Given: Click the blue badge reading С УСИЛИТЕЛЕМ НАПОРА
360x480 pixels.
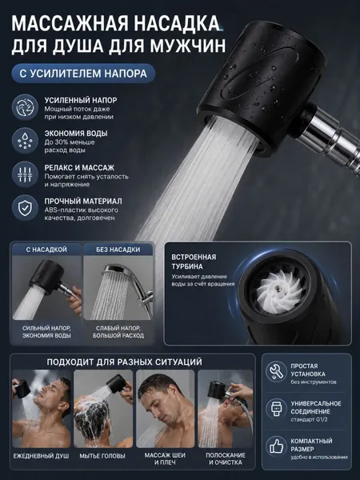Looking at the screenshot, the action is tap(83, 74).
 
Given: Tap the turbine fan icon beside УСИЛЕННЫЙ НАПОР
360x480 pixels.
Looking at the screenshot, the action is tap(25, 107).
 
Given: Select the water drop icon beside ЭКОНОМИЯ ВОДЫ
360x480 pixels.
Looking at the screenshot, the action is tap(25, 141).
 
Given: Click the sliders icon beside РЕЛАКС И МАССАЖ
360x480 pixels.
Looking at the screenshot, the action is tap(25, 174).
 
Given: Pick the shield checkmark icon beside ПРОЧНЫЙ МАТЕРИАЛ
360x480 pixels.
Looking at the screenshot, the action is tap(25, 208).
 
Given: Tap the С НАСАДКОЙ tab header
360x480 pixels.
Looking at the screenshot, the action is tap(46, 250).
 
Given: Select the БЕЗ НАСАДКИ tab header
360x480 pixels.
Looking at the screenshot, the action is tap(118, 250).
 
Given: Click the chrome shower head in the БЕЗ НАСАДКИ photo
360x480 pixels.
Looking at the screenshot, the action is tap(120, 271).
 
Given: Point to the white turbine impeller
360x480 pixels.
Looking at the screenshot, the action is tap(277, 291).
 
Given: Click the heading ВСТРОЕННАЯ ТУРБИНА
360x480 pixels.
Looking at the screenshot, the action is tap(194, 262).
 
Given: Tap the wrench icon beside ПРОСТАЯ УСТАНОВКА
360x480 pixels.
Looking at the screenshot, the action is tap(276, 372).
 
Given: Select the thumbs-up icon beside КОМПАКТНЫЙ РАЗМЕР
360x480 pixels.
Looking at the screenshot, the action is tap(276, 446).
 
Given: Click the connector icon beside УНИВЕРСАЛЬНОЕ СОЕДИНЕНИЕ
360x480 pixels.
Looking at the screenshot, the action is tap(276, 409).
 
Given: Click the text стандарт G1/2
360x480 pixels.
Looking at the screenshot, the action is tap(309, 419).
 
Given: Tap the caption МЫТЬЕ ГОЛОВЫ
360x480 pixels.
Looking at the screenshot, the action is tap(102, 456).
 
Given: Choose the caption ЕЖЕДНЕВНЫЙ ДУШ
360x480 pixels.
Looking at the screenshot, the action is tap(41, 456).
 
